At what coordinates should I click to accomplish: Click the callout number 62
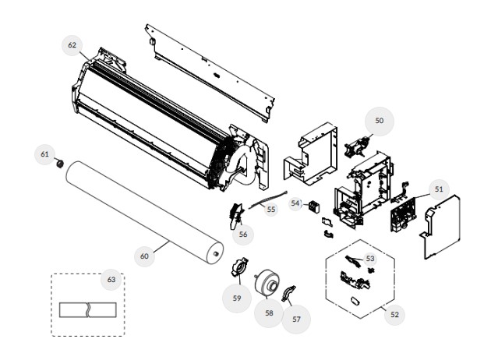pos(72,45)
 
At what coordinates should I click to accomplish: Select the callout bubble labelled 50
pos(380,121)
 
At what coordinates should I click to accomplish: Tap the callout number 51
pos(439,189)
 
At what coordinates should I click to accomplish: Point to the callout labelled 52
pos(394,315)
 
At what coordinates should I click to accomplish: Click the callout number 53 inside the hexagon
pos(370,259)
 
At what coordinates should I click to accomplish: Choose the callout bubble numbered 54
pos(295,203)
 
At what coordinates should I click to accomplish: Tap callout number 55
pos(271,209)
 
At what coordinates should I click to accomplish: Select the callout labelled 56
pos(243,235)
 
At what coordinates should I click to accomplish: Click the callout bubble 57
pos(296,319)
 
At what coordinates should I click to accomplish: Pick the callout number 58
pos(269,313)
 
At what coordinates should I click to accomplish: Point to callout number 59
pos(237,298)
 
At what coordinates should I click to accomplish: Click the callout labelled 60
pos(144,256)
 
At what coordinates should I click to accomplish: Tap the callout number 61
pos(44,154)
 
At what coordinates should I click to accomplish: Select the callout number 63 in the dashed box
pos(111,280)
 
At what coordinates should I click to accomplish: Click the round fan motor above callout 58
pos(267,283)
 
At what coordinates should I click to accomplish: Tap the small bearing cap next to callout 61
pos(59,163)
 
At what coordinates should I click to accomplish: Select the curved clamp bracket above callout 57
pos(288,293)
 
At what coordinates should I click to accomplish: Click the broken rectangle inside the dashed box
pos(88,310)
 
